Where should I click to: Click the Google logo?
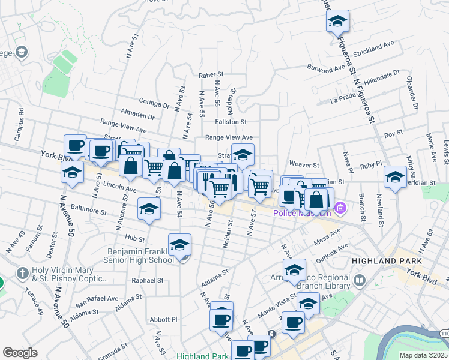[20, 352]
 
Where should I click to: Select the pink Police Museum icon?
[340, 208]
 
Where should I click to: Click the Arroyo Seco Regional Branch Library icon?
[360, 280]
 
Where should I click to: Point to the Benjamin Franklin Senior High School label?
[140, 256]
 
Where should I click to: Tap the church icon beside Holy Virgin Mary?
[22, 272]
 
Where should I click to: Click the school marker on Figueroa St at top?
[338, 22]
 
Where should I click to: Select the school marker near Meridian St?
[395, 177]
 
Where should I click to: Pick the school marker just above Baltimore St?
[149, 209]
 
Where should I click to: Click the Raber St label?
[211, 76]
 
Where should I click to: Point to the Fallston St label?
[231, 121]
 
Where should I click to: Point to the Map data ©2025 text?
[424, 355]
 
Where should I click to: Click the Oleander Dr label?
[412, 94]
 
